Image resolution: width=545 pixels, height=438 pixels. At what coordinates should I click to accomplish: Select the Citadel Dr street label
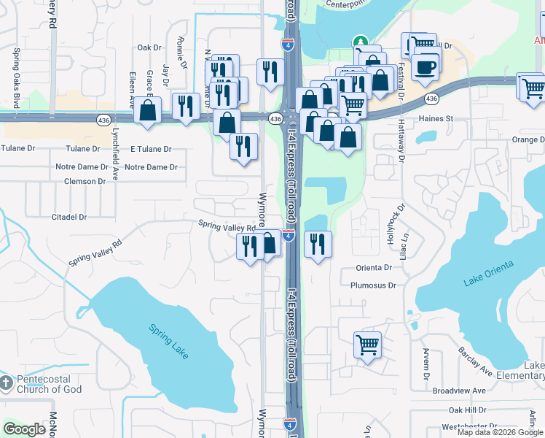pos(69,217)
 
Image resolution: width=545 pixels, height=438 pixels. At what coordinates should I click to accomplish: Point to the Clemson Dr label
pos(85,181)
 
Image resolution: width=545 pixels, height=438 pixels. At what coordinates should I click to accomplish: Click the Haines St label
pos(435,118)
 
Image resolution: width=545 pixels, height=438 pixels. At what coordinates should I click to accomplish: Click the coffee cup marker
pos(426,66)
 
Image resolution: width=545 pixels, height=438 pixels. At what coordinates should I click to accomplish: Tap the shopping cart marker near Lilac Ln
pos(368,344)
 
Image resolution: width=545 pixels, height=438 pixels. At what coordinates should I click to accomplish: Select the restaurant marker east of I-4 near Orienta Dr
pos(317,243)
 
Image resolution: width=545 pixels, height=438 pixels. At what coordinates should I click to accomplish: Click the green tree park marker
pos(359,42)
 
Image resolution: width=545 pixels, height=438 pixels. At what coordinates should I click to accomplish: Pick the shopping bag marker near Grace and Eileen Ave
pos(148,112)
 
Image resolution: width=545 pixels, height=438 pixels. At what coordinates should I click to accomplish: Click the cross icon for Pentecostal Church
pos(6,383)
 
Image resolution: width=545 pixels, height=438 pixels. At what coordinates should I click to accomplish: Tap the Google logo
pos(25,429)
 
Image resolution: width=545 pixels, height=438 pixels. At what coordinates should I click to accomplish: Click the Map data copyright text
pos(499,432)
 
